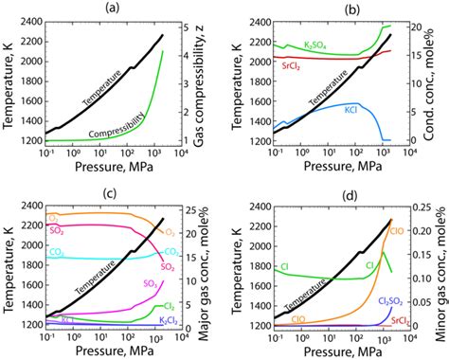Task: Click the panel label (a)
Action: click(x=112, y=9)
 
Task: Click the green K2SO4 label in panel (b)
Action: click(x=300, y=45)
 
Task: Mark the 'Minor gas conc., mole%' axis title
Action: click(x=440, y=267)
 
